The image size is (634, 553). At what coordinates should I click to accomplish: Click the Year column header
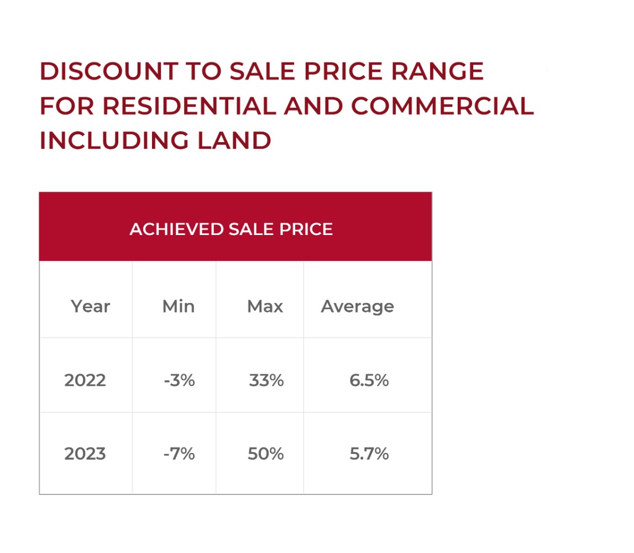(x=90, y=306)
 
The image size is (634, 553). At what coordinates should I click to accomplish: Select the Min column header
(x=178, y=306)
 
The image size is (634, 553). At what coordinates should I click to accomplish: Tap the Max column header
(x=265, y=306)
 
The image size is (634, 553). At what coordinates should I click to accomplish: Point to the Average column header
(x=357, y=306)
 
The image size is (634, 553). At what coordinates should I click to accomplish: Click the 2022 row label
(x=85, y=380)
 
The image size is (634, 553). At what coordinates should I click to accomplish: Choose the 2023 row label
(x=85, y=454)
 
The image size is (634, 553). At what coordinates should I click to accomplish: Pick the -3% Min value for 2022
(x=179, y=380)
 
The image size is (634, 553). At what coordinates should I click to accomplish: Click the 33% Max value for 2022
(x=266, y=380)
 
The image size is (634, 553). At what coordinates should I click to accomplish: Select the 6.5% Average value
(x=369, y=380)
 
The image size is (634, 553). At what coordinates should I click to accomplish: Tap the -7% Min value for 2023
(x=179, y=454)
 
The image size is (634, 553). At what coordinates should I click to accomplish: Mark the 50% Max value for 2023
(x=266, y=454)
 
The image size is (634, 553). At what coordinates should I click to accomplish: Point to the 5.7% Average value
(x=369, y=454)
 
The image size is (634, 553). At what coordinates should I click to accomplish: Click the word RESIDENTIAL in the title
(x=190, y=106)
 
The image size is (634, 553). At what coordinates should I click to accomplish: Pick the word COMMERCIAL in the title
(x=442, y=106)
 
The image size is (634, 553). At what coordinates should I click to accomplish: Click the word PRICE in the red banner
(x=306, y=229)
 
